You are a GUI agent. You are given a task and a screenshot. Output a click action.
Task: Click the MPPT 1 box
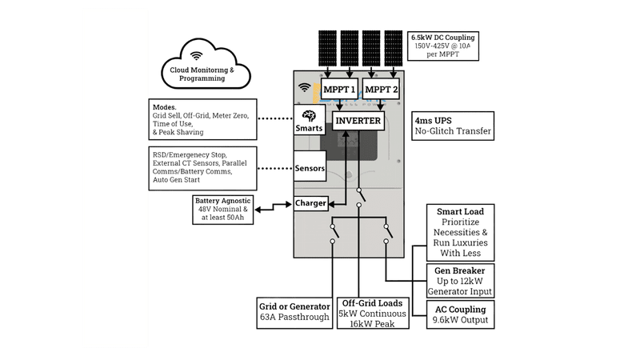coord(339,89)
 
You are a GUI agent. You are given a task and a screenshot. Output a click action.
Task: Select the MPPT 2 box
coord(381,89)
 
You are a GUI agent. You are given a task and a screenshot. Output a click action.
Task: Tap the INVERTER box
coord(358,121)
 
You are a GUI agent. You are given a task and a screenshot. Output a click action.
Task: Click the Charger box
coord(310,203)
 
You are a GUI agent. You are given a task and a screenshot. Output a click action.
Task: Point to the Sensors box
coord(310,166)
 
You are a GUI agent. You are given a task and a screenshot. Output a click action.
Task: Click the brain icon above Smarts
coord(309,116)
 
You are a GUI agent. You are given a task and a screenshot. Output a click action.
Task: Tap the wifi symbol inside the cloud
coord(196,56)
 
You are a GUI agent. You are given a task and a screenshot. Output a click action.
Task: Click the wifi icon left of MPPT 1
coord(304,87)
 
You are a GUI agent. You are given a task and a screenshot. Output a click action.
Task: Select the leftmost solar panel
coord(327,48)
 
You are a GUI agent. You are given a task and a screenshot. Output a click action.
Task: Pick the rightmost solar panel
coord(394,48)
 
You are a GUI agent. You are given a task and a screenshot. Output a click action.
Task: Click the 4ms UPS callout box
coord(453,126)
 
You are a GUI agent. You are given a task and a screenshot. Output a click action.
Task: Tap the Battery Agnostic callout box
coord(223,210)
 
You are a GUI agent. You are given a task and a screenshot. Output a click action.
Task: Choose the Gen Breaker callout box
coord(461,281)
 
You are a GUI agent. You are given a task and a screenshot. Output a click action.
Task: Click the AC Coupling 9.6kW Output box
coord(461,314)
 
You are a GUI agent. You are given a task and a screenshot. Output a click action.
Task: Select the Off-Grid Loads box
coord(373,314)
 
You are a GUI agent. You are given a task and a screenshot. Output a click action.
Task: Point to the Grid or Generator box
coord(294,313)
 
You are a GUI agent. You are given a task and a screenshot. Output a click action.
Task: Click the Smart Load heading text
coord(461,211)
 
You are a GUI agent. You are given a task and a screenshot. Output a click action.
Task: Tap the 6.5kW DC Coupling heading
coord(443,38)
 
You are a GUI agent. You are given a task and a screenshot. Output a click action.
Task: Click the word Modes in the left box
coord(165,107)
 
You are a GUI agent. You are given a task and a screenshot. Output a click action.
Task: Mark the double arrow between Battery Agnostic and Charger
coord(274,206)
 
